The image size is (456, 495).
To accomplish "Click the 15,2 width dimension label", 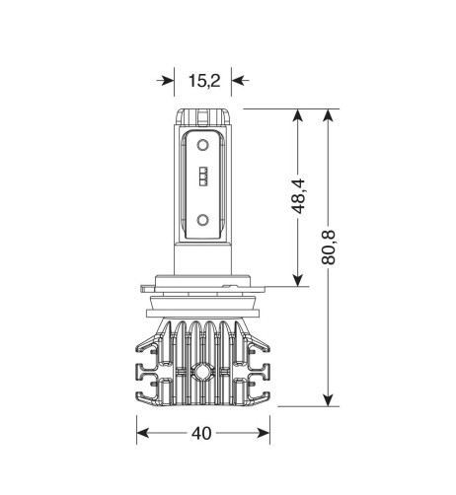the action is (204, 81).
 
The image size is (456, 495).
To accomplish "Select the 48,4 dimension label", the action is (299, 196).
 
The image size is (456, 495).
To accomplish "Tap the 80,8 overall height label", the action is (328, 247).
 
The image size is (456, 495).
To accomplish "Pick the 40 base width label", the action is (201, 433).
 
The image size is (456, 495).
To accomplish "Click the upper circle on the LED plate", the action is (202, 145).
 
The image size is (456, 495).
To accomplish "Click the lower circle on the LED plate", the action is (202, 220).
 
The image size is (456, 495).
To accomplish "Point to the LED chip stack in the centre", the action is (204, 177).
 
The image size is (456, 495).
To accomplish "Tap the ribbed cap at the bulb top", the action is (202, 117).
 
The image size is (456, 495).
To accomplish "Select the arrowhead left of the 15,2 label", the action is (166, 80).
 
